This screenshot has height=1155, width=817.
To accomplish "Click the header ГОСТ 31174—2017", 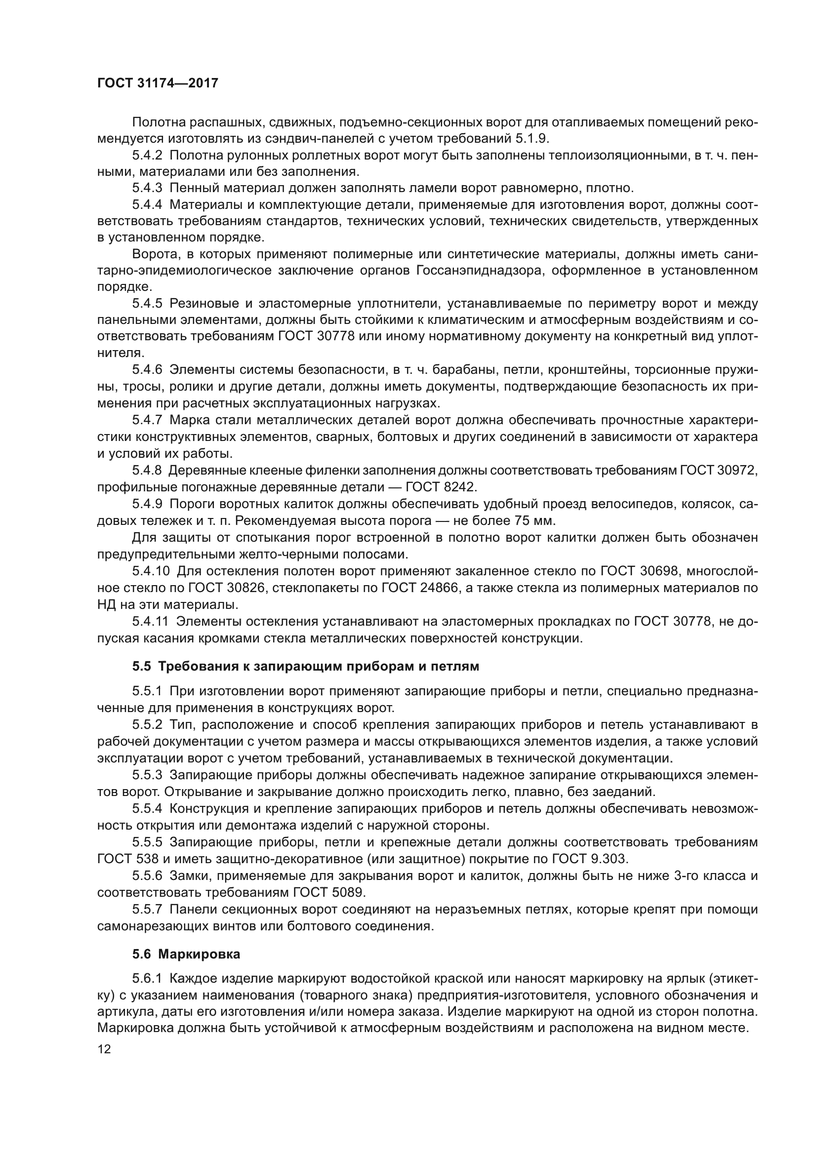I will tap(158, 83).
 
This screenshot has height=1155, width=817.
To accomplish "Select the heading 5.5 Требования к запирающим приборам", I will tap(305, 667).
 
